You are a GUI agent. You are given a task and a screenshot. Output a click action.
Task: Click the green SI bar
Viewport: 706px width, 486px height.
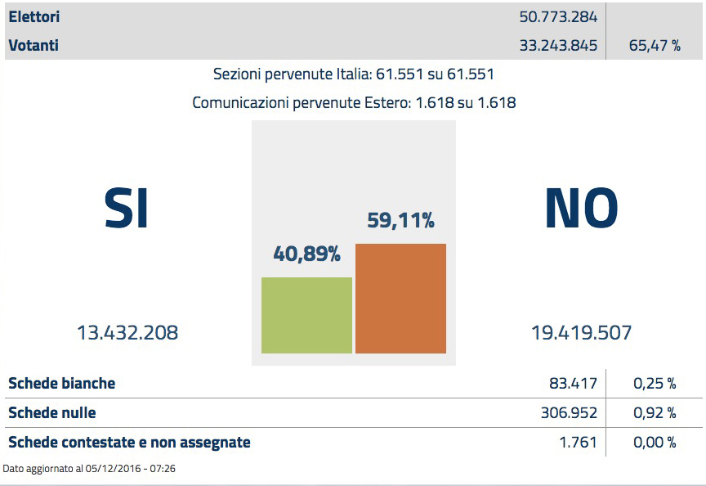tap(306, 315)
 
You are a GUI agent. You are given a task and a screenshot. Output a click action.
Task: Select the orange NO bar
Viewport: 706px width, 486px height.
tap(400, 299)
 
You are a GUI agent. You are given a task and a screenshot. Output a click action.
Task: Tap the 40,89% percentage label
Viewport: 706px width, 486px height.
tap(306, 254)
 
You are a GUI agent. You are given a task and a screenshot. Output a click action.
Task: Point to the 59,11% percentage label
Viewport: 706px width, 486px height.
tap(400, 220)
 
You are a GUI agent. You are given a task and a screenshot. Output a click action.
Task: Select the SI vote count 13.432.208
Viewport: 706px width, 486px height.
tap(127, 333)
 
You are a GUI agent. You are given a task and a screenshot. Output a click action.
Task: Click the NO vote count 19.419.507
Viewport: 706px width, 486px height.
tap(581, 333)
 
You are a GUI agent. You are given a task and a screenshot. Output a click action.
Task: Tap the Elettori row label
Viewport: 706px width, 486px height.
tap(34, 16)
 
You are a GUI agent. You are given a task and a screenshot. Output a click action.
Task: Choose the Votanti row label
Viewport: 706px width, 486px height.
tap(34, 46)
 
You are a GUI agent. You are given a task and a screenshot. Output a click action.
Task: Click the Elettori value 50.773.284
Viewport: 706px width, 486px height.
tap(558, 16)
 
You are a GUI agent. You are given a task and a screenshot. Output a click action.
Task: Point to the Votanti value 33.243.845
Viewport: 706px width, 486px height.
tap(558, 46)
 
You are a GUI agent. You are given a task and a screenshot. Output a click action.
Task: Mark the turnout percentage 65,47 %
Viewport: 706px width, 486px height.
tap(655, 46)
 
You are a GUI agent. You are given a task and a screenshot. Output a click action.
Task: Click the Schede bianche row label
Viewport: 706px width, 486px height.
tap(61, 383)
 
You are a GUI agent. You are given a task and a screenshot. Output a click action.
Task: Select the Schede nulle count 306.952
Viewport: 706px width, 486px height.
tap(569, 413)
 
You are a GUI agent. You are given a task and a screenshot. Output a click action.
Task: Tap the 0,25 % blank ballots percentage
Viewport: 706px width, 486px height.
tap(655, 383)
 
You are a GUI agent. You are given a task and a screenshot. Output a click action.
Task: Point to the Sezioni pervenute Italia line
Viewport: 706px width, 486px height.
tap(353, 74)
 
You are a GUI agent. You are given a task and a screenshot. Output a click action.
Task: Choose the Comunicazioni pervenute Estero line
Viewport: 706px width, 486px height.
tap(353, 103)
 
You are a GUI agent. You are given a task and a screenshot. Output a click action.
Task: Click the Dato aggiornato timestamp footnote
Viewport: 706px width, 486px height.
tap(90, 469)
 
